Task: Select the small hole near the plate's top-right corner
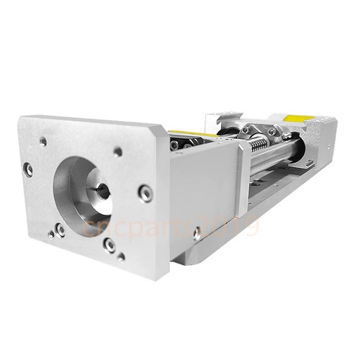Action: [117, 151]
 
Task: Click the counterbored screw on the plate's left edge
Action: [28, 170]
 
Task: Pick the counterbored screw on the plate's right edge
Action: [146, 192]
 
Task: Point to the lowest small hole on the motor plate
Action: [120, 256]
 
